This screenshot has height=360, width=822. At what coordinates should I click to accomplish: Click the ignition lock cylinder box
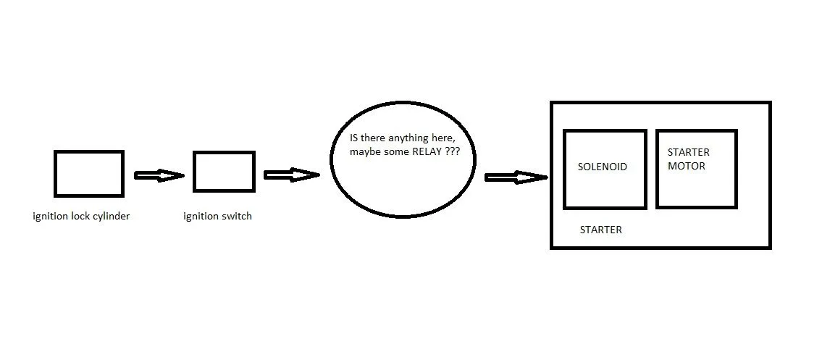[88, 173]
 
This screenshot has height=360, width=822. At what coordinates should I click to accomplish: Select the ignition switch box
[224, 172]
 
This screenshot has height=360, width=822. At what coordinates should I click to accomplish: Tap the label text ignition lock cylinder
[81, 216]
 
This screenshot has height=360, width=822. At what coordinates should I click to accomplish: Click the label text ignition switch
[218, 216]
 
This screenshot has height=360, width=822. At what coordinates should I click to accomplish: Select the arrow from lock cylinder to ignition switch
[159, 175]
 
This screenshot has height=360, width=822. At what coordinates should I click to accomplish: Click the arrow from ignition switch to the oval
[291, 175]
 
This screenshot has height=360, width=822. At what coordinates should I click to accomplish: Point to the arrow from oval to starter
[515, 177]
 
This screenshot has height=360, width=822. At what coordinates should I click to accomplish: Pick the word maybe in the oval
[364, 153]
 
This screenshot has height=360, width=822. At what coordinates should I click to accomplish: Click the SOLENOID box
[604, 169]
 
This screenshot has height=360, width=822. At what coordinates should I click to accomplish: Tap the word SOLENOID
[602, 167]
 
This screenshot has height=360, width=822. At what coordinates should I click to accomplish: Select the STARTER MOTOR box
[696, 169]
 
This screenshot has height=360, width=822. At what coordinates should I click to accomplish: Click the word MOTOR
[686, 166]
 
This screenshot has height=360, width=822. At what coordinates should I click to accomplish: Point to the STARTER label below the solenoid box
[600, 230]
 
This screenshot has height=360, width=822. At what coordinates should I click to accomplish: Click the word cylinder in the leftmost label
[112, 216]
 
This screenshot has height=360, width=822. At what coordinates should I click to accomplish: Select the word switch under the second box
[237, 216]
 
